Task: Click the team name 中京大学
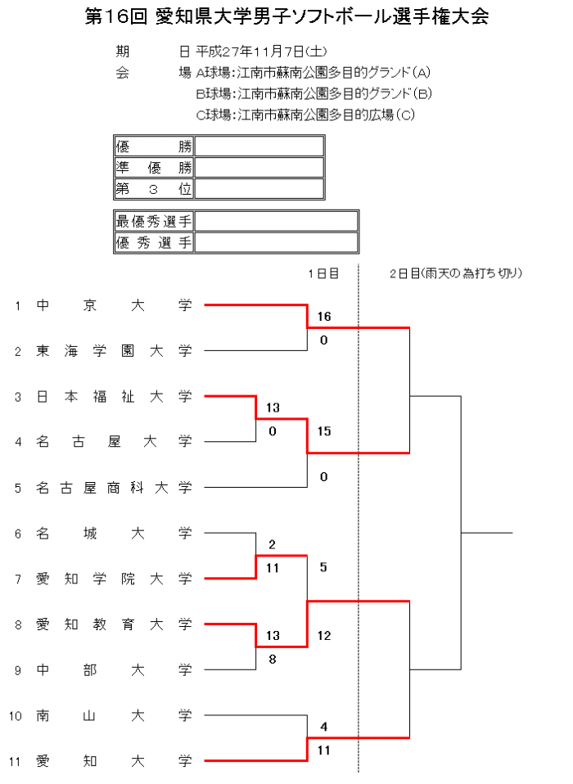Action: click(114, 305)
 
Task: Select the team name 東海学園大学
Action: click(114, 351)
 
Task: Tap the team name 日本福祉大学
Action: click(114, 397)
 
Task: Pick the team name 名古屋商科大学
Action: click(114, 489)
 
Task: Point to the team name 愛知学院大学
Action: click(114, 579)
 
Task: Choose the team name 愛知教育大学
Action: click(114, 625)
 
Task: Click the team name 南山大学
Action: click(114, 716)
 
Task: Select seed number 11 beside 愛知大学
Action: click(15, 762)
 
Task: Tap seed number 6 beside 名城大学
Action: click(17, 534)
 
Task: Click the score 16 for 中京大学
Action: click(323, 317)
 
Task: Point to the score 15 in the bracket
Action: click(323, 431)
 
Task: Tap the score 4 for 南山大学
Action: click(323, 726)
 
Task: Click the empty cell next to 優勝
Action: click(259, 146)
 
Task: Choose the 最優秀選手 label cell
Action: click(154, 221)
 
